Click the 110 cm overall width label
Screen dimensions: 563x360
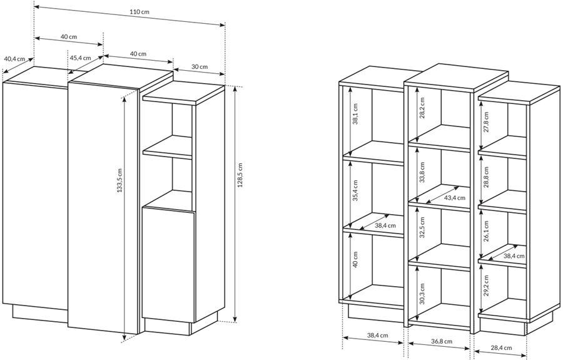pyautogui.click(x=139, y=11)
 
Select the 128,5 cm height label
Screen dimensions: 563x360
pyautogui.click(x=240, y=175)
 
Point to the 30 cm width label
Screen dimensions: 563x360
pyautogui.click(x=200, y=66)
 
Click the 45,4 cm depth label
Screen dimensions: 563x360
pyautogui.click(x=80, y=58)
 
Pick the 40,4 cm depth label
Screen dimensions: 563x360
pyautogui.click(x=14, y=59)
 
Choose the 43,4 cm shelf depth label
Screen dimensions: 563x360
pyautogui.click(x=455, y=198)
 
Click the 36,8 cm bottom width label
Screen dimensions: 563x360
pyautogui.click(x=442, y=341)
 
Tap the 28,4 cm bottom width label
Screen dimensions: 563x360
pyautogui.click(x=501, y=347)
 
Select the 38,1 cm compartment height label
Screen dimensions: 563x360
pyautogui.click(x=355, y=114)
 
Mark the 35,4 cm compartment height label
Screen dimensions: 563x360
pyautogui.click(x=355, y=190)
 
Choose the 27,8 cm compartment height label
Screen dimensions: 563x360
pyautogui.click(x=486, y=122)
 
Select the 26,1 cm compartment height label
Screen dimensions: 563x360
pyautogui.click(x=486, y=232)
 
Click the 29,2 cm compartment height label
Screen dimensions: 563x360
pyautogui.click(x=486, y=285)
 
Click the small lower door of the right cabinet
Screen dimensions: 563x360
pyautogui.click(x=168, y=265)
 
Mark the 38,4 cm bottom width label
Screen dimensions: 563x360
pyautogui.click(x=377, y=335)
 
